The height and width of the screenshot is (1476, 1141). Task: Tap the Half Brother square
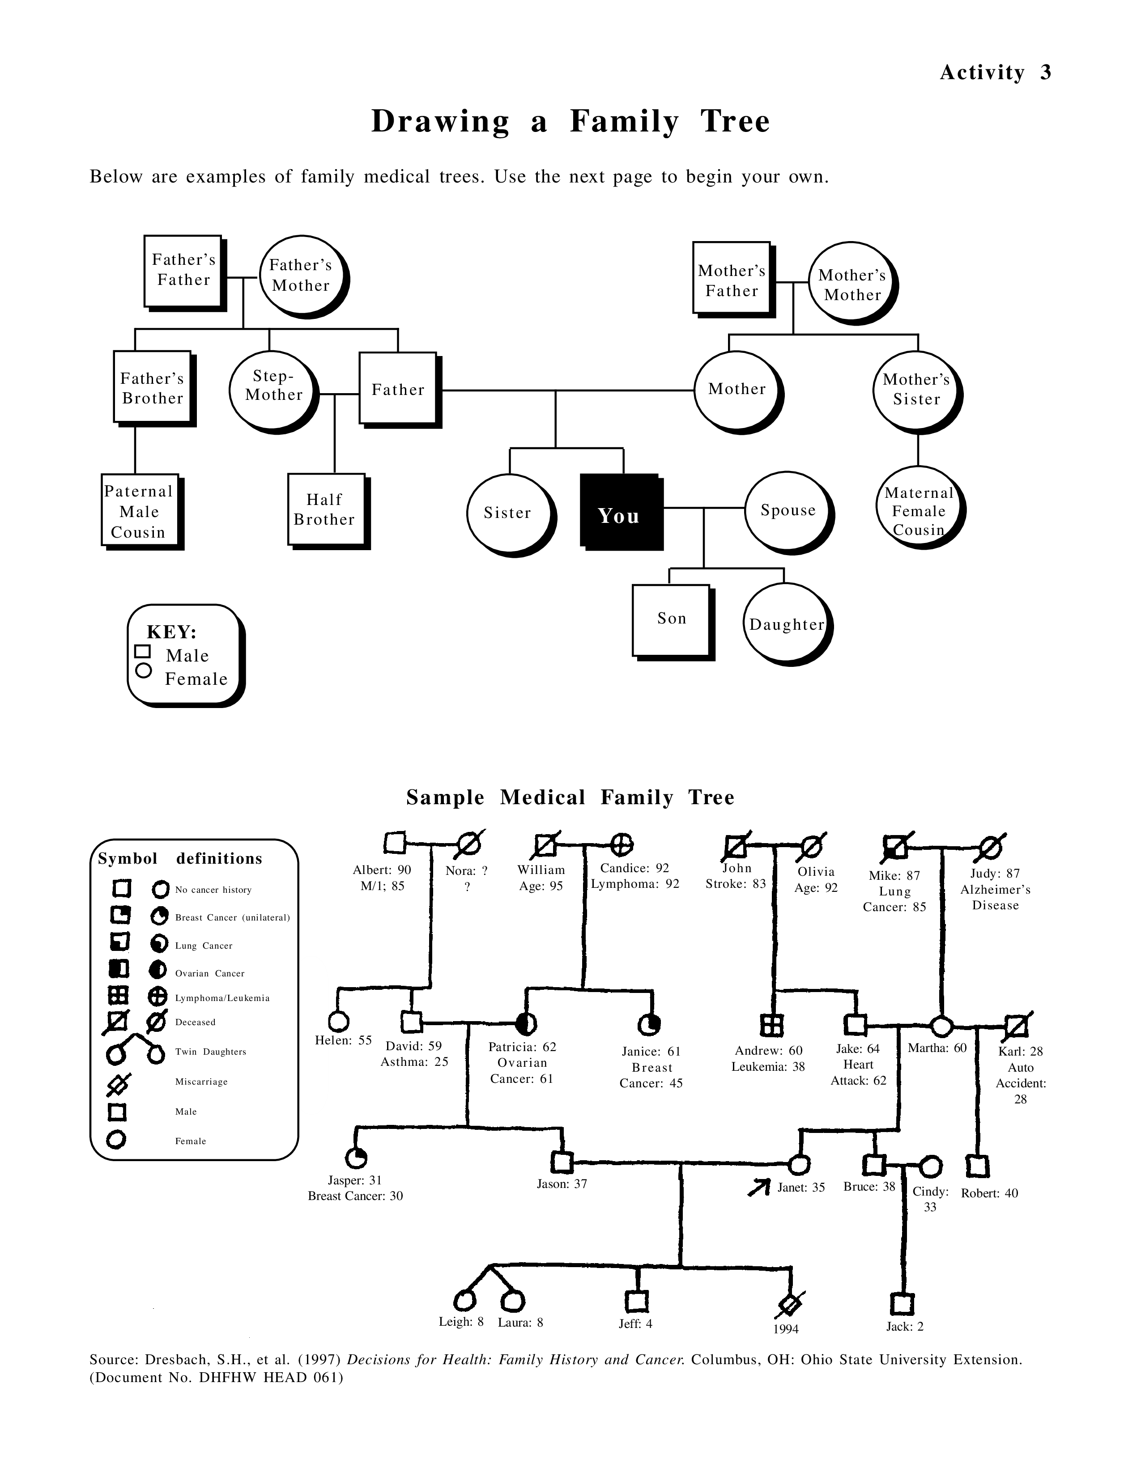326,509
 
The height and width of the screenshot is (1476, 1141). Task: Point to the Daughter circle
785,624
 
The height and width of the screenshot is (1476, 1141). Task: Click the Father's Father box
183,270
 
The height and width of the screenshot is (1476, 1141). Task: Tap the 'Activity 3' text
995,72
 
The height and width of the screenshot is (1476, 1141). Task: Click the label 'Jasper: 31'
355,1180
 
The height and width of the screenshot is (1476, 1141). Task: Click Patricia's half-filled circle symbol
526,1024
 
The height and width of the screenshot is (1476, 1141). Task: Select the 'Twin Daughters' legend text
210,1052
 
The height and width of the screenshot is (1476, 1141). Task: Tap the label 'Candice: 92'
634,868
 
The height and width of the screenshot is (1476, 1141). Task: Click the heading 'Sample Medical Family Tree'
570,797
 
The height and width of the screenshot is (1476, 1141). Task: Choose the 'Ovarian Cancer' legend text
209,973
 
